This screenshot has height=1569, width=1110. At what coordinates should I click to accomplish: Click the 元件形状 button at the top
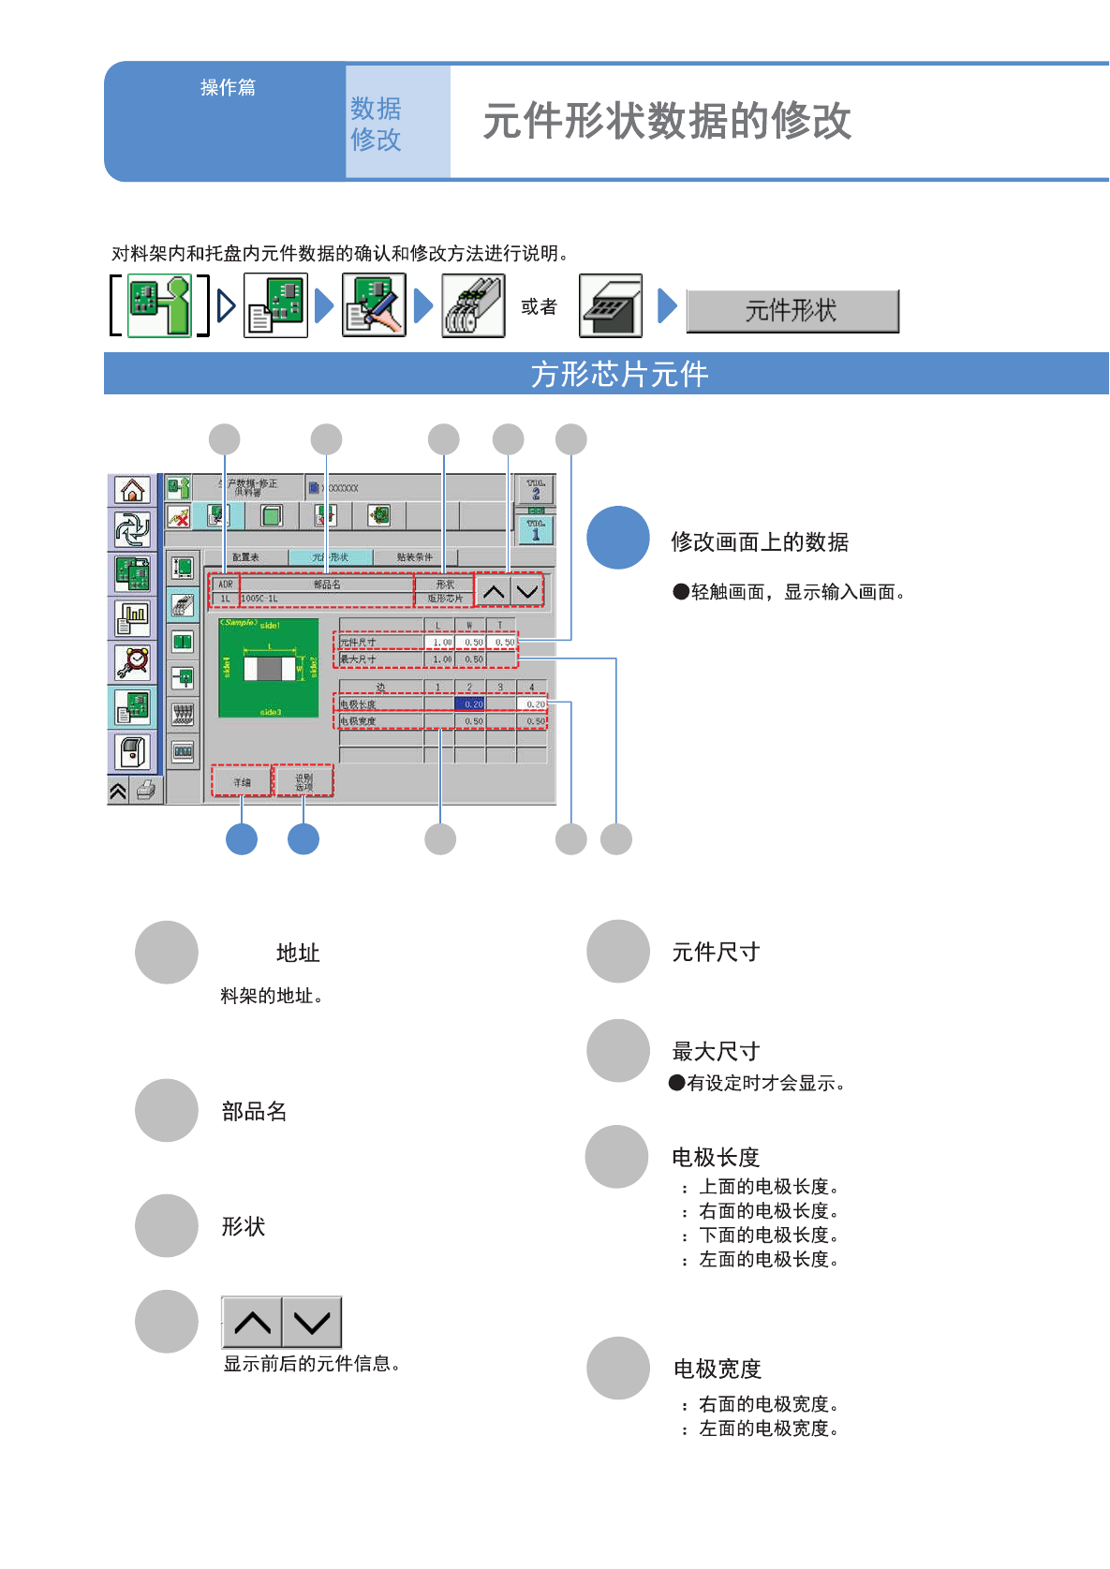point(792,311)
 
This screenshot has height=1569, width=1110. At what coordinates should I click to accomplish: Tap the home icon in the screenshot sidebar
point(133,490)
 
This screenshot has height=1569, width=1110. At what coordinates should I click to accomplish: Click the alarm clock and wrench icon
point(133,662)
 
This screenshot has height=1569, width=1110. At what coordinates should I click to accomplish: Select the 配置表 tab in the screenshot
point(245,557)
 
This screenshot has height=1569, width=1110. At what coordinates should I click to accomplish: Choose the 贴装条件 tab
point(414,557)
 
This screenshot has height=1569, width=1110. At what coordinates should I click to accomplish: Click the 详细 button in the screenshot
point(242,781)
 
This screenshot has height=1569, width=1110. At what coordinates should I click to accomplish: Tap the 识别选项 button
point(303,781)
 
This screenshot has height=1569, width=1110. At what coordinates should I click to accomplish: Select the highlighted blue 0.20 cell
point(470,703)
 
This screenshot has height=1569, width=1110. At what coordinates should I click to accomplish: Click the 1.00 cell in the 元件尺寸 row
point(440,643)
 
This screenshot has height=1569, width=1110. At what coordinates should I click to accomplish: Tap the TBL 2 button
point(536,489)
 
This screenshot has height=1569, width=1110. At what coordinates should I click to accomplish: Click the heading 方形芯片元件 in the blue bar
point(619,375)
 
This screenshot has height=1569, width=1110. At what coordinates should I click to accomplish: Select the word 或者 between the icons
point(539,306)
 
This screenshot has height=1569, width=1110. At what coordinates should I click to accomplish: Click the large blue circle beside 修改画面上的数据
point(618,538)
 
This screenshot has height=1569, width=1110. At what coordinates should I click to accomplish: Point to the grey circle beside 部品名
point(167,1110)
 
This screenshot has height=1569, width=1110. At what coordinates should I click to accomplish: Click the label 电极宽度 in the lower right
point(718,1369)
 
